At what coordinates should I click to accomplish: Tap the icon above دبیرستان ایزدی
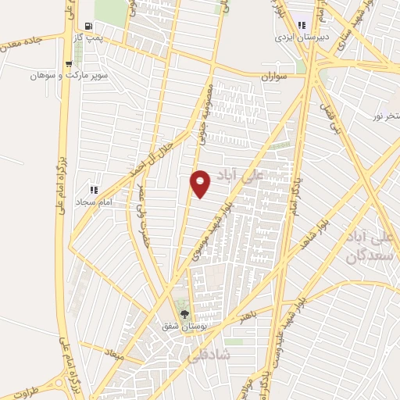click(301, 25)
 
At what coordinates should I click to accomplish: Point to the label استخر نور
click(384, 116)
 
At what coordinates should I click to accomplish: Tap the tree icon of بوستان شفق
click(185, 313)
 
